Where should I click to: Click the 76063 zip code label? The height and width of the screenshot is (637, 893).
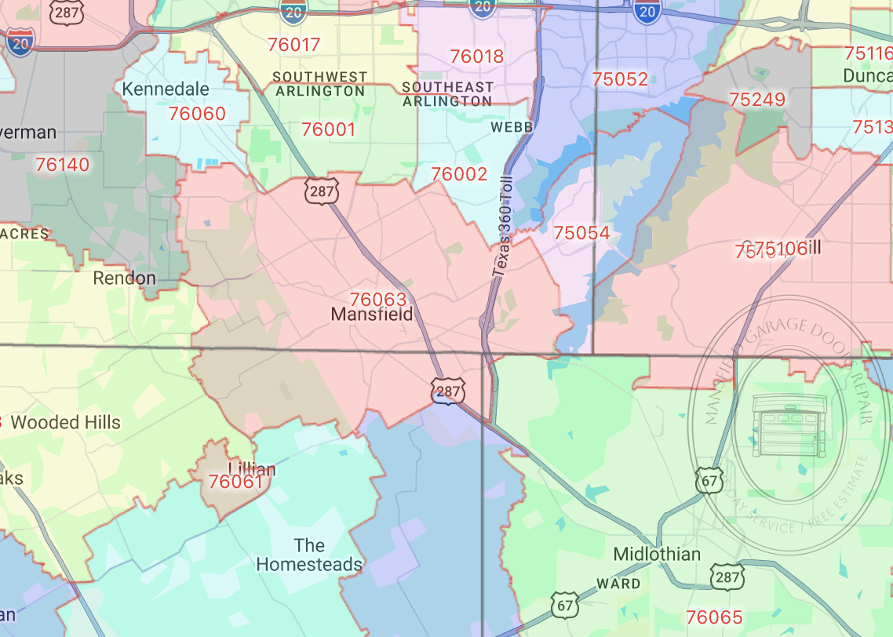pos(378,299)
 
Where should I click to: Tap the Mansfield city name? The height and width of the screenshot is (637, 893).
pos(372,315)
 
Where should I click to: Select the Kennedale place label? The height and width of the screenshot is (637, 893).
pos(166,89)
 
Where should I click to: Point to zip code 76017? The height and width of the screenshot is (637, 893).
pos(293,45)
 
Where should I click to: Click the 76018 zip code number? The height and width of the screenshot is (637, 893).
pos(477,56)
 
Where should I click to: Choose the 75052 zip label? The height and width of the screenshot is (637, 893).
pos(620,79)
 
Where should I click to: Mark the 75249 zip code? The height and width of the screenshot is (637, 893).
pos(757,100)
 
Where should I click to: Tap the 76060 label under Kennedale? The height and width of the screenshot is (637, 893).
pos(197,114)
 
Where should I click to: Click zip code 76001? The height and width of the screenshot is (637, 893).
pos(329,129)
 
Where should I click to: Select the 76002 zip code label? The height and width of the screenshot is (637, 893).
pos(459,174)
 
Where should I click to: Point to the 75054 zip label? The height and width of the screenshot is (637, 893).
pos(581,233)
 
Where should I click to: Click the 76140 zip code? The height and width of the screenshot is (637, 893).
pos(63,165)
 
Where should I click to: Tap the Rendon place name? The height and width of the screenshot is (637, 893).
pos(124,278)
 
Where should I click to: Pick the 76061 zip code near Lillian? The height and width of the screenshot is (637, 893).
pos(236,481)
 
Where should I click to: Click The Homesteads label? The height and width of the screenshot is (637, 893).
pos(309,555)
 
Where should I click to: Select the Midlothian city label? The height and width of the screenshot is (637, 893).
pos(657,554)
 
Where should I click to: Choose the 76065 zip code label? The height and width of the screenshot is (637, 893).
pos(714,617)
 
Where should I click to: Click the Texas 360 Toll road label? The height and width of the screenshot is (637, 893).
pos(502,227)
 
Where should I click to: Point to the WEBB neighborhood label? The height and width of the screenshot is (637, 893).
pos(512,126)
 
